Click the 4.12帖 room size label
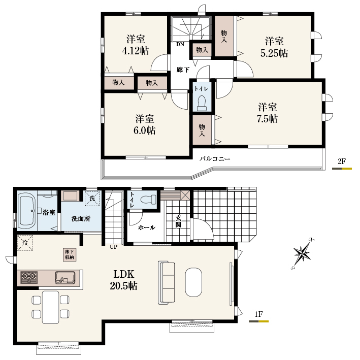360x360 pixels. (x=136, y=51)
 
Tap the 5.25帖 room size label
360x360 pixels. (x=274, y=53)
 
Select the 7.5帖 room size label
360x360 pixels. (x=268, y=119)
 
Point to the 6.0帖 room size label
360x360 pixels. (x=145, y=130)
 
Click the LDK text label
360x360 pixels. (x=124, y=274)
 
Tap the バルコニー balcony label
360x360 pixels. (x=215, y=158)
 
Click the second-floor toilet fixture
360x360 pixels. (x=202, y=103)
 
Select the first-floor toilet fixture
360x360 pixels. (x=148, y=199)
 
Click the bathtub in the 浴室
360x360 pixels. (x=26, y=211)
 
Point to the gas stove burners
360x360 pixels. (x=29, y=277)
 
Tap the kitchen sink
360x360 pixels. (x=65, y=278)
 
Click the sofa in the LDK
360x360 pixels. (x=166, y=283)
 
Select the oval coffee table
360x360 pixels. (x=194, y=282)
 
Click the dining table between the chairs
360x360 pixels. (x=50, y=307)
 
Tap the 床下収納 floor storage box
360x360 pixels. (x=70, y=254)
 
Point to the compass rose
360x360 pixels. (x=303, y=254)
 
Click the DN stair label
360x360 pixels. (x=180, y=45)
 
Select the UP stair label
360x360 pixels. (x=113, y=247)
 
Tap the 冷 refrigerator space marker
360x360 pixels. (x=25, y=243)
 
